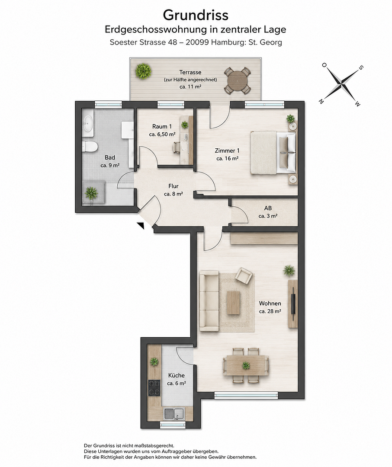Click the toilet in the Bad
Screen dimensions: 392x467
(90, 147)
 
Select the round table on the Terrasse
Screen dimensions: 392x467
(237, 80)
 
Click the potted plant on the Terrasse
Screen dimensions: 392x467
(143, 71)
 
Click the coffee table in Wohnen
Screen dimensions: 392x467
(233, 302)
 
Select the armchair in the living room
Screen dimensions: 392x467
(244, 275)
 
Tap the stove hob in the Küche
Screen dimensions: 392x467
(154, 387)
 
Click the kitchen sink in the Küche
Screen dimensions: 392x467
(174, 413)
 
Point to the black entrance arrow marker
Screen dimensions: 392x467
(141, 225)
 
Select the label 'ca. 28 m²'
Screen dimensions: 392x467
(270, 311)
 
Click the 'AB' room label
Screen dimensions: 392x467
(268, 208)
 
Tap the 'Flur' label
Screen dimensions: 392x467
(174, 186)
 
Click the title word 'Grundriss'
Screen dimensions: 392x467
(196, 15)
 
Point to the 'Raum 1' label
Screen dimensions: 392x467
(162, 126)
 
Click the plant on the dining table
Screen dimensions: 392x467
(246, 365)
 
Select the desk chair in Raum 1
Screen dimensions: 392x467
(177, 147)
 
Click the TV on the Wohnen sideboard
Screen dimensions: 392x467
(294, 304)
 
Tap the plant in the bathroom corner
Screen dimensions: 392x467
(91, 193)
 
